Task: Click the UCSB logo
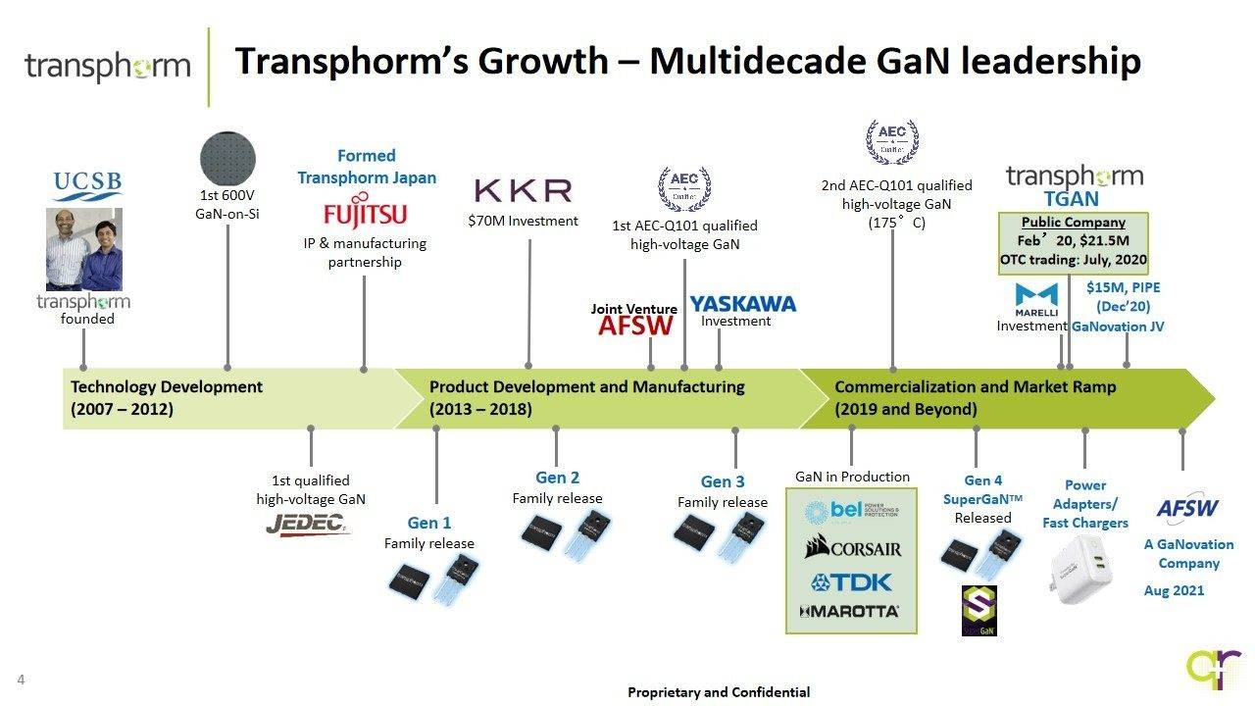[x=87, y=183]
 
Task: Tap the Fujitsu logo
[x=365, y=214]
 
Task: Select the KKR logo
[x=522, y=190]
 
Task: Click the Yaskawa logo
[x=742, y=304]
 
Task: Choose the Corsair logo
[x=852, y=547]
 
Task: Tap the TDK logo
[x=852, y=581]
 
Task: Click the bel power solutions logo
[x=851, y=512]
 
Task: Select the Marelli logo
[x=1035, y=298]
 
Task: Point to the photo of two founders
[x=84, y=249]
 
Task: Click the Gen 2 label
[x=557, y=478]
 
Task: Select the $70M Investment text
[x=523, y=221]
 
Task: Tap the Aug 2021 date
[x=1174, y=590]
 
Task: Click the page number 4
[x=21, y=681]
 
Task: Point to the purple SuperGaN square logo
[x=979, y=611]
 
